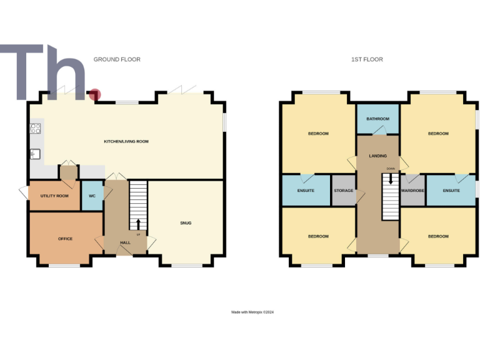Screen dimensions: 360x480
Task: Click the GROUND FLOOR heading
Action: click(117, 59)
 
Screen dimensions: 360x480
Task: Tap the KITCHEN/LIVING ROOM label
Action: click(126, 142)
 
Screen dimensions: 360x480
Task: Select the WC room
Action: click(92, 196)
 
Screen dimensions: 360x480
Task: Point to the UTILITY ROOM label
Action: click(54, 196)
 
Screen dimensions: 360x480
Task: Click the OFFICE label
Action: click(65, 239)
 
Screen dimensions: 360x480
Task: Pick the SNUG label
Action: click(186, 223)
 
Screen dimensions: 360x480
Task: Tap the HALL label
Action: click(125, 242)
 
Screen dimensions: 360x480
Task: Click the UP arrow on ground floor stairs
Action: click(138, 224)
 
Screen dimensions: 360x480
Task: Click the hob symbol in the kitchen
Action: click(35, 129)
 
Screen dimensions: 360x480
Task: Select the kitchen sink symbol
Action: click(34, 154)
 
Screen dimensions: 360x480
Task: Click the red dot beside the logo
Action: click(94, 94)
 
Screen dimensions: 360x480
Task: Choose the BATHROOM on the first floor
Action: click(377, 119)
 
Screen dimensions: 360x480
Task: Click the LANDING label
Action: click(377, 156)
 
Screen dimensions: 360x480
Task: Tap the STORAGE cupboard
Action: click(343, 191)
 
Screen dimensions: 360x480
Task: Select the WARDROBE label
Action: click(413, 191)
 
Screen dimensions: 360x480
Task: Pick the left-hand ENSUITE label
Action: click(306, 191)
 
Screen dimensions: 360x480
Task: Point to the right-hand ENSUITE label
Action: click(451, 191)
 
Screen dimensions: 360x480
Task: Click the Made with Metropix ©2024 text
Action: click(252, 312)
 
